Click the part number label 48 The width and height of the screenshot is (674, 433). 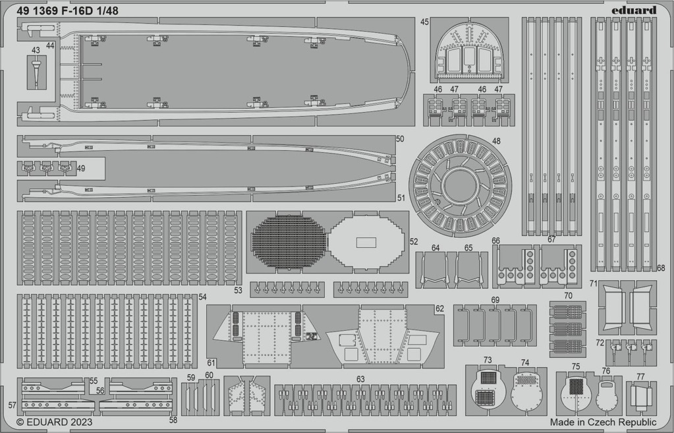[x=497, y=141]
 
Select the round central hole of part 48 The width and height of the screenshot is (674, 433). [x=461, y=186]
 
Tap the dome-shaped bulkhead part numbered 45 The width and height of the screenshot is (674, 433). [x=469, y=51]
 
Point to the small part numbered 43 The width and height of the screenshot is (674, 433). [x=37, y=72]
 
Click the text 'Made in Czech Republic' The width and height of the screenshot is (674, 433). [x=603, y=422]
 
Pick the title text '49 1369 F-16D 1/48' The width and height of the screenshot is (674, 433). [x=67, y=11]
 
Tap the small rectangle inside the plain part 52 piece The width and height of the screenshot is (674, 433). [x=366, y=242]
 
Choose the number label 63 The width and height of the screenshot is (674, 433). [x=360, y=379]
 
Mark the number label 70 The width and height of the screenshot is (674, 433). [x=568, y=296]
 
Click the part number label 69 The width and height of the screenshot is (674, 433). [x=495, y=300]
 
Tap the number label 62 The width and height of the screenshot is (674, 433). [x=439, y=308]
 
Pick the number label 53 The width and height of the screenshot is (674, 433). [x=238, y=290]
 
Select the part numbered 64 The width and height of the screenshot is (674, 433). [x=434, y=270]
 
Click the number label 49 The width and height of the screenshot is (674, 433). [x=81, y=169]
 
